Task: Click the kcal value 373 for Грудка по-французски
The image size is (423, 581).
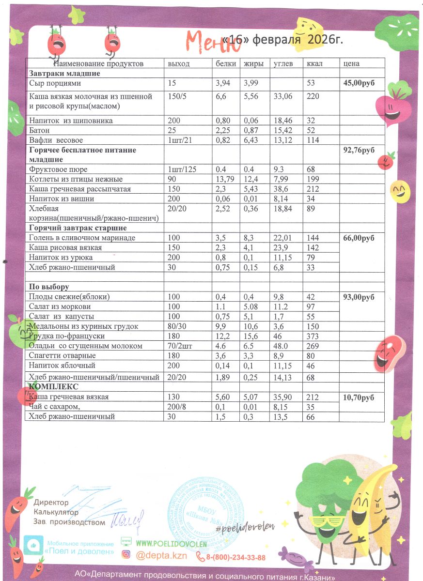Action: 314,336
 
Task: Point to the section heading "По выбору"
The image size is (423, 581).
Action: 49,287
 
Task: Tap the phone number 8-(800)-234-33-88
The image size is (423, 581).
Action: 236,557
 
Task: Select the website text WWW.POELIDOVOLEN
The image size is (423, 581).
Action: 172,544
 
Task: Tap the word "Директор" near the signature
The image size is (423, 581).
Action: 51,503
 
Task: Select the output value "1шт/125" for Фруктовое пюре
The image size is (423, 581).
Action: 183,170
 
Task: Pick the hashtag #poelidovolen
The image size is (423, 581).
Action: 245,526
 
